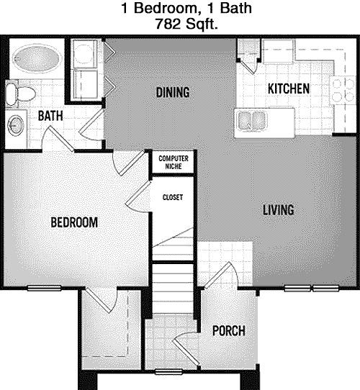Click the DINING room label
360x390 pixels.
tap(173, 92)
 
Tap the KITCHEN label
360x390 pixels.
tap(289, 89)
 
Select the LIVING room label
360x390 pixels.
tap(279, 209)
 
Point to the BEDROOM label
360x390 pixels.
tap(74, 222)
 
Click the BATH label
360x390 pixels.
tap(50, 116)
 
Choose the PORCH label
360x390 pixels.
tap(229, 331)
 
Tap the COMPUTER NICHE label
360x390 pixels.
tap(174, 162)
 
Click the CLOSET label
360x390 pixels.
tap(173, 197)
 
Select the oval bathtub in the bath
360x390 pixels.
tap(37, 58)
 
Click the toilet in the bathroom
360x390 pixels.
tap(20, 94)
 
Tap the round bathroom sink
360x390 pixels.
tap(16, 126)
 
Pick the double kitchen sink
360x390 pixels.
tap(251, 121)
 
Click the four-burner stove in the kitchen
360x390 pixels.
tap(343, 90)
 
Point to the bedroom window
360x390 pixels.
tap(45, 288)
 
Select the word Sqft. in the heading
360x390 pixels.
tap(202, 24)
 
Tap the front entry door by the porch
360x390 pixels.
tap(221, 275)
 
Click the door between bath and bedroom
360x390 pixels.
tap(58, 138)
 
